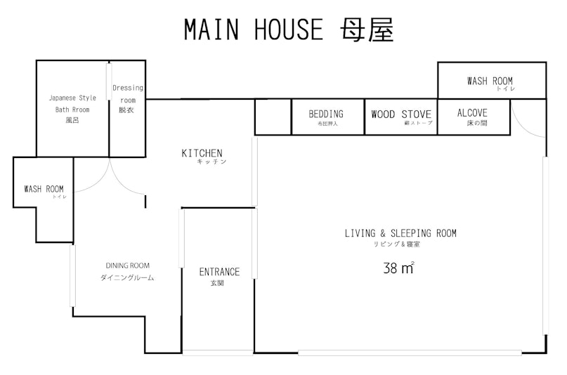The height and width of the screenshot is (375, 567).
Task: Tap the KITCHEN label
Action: pos(202,153)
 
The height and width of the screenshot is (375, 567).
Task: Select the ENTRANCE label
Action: pos(219,272)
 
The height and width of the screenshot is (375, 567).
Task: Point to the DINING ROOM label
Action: pos(127,265)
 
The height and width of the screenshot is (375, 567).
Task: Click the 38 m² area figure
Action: pos(398,268)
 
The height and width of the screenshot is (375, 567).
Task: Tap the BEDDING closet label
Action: pos(326,114)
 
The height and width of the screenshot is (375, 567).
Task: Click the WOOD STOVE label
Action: pos(401,114)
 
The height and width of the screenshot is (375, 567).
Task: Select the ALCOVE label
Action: pos(472,112)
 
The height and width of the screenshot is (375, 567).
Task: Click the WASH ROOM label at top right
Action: pos(490,81)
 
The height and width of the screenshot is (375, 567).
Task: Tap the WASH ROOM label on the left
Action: pos(44,189)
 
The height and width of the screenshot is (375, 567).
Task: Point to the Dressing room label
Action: pos(127,88)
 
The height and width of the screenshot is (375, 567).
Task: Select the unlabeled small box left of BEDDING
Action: pos(273,117)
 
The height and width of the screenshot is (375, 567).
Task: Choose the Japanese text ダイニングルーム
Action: pos(127,278)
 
